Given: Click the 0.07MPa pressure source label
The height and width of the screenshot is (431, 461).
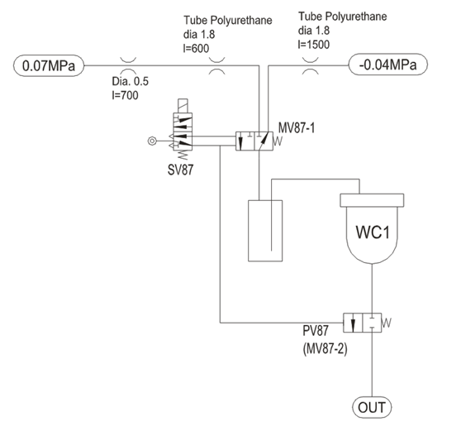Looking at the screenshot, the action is click(49, 65).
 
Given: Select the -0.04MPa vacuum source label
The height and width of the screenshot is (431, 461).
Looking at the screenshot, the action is click(387, 65).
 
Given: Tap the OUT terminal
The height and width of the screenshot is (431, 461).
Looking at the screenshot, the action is click(372, 408).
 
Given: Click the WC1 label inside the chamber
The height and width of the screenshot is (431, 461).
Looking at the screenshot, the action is click(373, 232).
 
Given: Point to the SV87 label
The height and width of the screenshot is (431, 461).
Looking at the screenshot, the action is click(181, 170).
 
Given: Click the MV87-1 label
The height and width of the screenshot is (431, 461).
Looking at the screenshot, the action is click(297, 128).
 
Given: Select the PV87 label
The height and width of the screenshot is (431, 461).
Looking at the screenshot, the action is click(315, 331).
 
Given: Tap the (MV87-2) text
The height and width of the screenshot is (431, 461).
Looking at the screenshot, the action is click(326, 349).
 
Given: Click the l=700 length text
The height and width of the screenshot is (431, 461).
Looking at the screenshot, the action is click(125, 95).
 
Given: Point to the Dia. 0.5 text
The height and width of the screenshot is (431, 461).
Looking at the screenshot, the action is click(131, 81).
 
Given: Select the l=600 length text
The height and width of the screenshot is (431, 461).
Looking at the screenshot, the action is click(196, 48).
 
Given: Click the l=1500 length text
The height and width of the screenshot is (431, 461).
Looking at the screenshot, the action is click(314, 45).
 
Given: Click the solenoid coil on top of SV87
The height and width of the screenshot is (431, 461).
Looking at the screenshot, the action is click(183, 106).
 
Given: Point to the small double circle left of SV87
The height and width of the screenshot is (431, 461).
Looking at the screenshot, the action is click(152, 141).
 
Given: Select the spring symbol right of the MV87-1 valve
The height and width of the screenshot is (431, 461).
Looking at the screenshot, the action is click(278, 141).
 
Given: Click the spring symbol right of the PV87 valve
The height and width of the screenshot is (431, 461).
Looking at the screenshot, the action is click(387, 323).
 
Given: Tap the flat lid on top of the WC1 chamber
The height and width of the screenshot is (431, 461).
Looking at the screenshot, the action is click(372, 200).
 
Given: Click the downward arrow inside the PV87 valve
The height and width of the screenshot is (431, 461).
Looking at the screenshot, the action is click(353, 323).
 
